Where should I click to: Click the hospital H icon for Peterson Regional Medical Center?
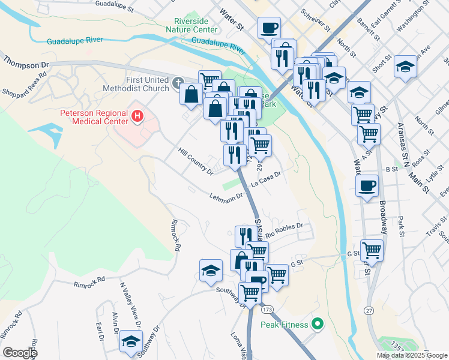point(137,115)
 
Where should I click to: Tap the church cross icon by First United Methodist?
point(178,82)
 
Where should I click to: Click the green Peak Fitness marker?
point(317,325)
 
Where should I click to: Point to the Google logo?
point(20,352)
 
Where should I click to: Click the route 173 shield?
point(267,309)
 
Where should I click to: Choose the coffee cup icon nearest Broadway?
point(367,185)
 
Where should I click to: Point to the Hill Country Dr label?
point(196,161)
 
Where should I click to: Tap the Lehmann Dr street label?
point(226,196)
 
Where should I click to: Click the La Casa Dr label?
point(266,179)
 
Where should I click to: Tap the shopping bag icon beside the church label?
point(191,94)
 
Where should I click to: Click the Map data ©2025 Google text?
point(412,355)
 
